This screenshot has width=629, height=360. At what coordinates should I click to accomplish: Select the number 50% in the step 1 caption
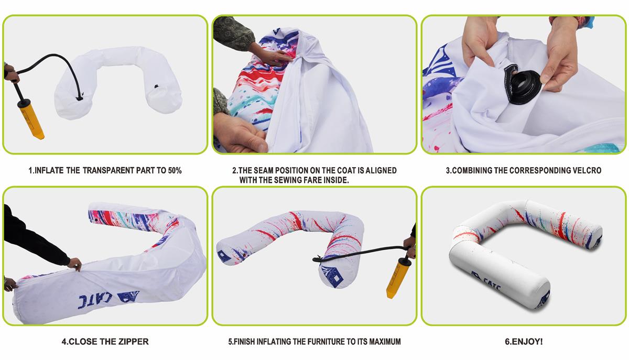click(x=175, y=170)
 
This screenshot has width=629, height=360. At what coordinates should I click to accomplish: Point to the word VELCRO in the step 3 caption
click(x=588, y=170)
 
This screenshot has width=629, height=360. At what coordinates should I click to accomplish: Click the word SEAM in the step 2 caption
click(x=263, y=170)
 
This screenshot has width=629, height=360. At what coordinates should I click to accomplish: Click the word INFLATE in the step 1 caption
click(x=49, y=170)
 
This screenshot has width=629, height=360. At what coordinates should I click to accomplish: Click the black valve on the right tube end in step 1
click(x=156, y=86)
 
